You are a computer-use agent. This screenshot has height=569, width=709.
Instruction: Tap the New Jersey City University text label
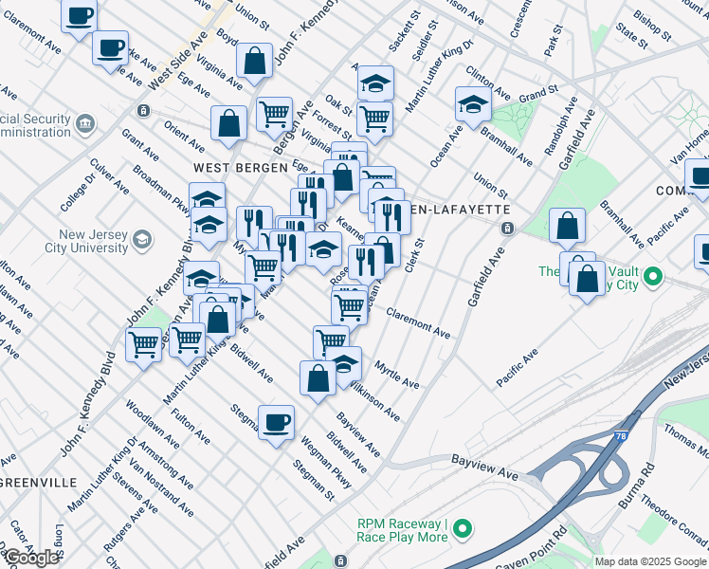[93, 242]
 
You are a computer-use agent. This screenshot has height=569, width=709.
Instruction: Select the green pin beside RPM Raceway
[462, 528]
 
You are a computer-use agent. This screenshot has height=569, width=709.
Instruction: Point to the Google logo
[30, 558]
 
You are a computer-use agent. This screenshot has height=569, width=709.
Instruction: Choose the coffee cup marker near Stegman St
[276, 422]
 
